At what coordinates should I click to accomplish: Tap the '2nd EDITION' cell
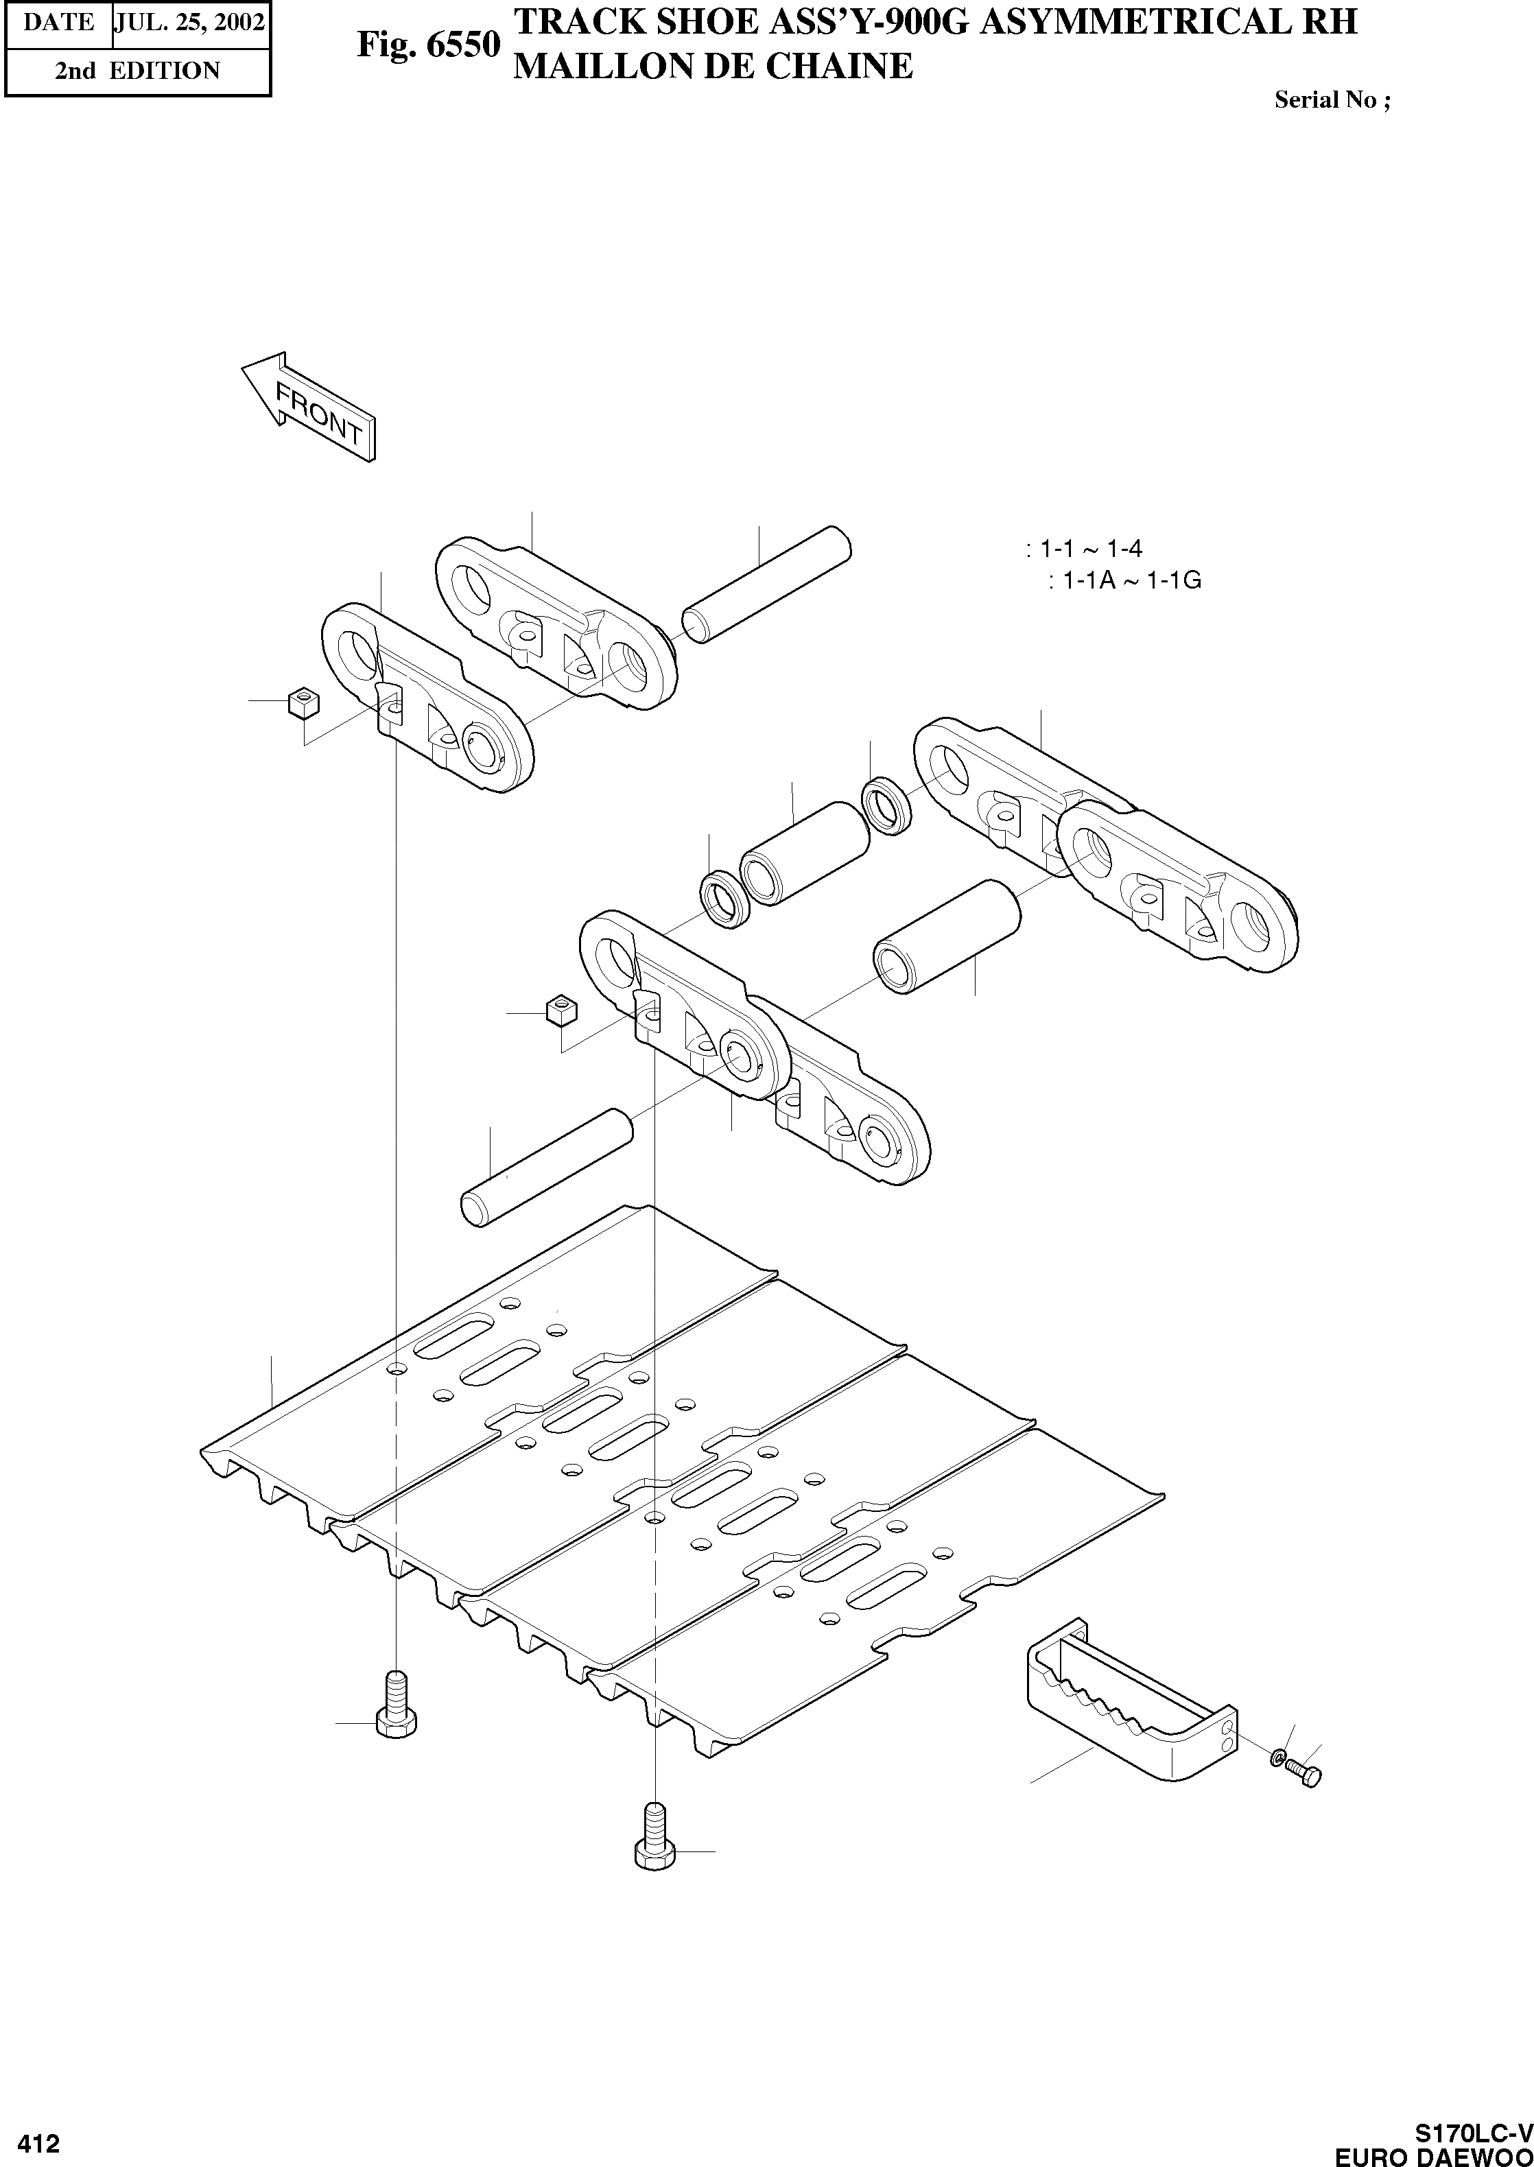[x=137, y=71]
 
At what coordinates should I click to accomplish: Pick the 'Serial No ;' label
[x=1332, y=100]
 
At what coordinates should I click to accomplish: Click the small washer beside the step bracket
[x=1277, y=1757]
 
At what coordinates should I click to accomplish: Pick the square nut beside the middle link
[x=561, y=1011]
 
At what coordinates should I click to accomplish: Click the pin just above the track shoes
[x=547, y=1168]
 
